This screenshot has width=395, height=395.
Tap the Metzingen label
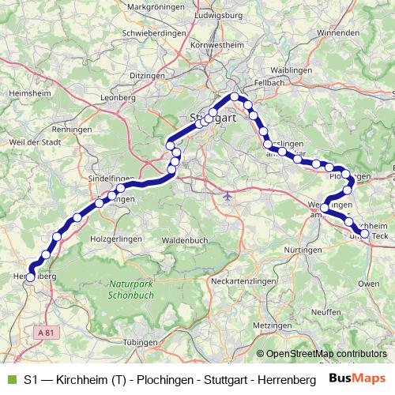[x=273, y=325]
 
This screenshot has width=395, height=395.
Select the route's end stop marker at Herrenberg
[x=31, y=276]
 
